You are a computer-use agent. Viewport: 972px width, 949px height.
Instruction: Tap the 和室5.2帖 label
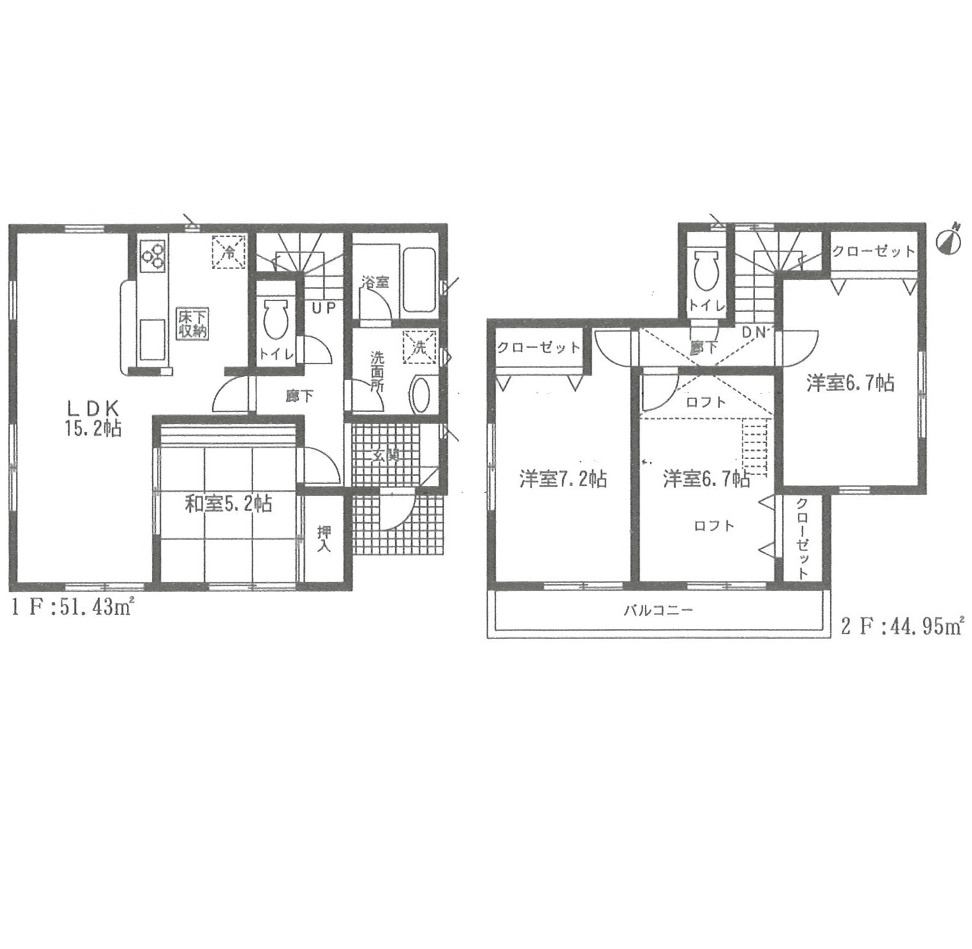click(x=228, y=504)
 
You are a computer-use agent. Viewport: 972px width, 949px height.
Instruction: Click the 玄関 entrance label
click(x=386, y=455)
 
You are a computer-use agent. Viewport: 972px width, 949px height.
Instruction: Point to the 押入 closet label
click(x=324, y=538)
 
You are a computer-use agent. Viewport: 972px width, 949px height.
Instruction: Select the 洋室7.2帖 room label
click(x=563, y=478)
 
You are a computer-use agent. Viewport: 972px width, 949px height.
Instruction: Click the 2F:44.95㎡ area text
click(x=901, y=626)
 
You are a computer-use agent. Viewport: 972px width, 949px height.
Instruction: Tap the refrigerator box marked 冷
click(x=228, y=252)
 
